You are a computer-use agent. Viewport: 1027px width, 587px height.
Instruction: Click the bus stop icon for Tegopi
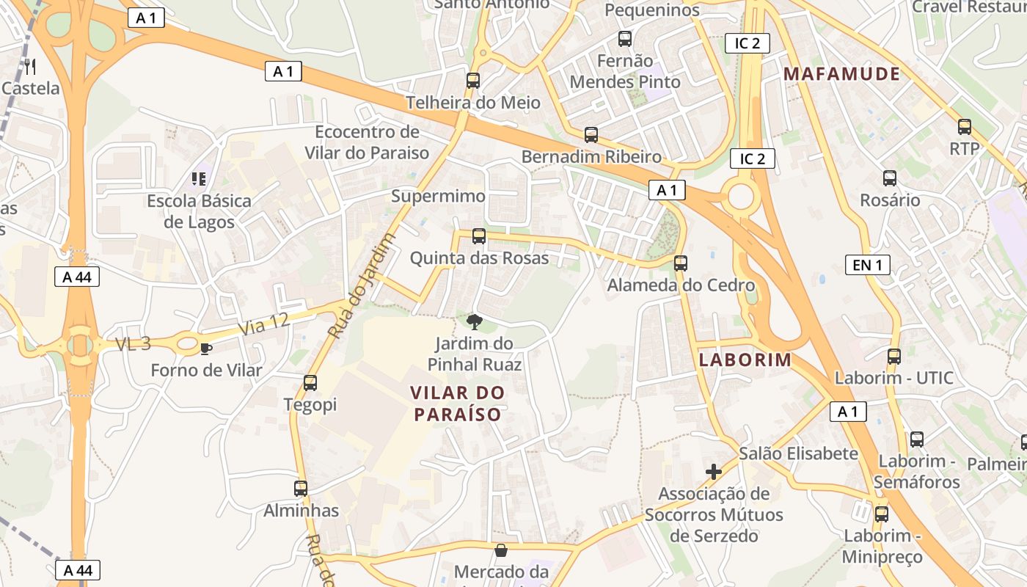(x=310, y=382)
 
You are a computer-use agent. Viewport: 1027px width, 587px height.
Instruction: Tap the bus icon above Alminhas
(x=301, y=488)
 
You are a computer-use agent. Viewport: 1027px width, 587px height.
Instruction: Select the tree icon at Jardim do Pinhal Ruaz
(x=475, y=321)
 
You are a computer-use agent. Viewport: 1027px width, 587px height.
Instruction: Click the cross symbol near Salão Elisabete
(x=713, y=471)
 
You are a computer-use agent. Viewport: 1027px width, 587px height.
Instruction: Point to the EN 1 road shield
(x=867, y=265)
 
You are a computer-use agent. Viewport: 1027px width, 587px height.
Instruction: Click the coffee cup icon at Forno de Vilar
(x=206, y=348)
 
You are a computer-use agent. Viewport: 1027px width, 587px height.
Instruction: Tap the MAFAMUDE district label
(x=841, y=73)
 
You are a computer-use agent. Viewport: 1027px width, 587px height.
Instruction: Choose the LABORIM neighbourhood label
(x=745, y=360)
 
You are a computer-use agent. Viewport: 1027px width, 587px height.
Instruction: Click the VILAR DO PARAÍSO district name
(x=458, y=404)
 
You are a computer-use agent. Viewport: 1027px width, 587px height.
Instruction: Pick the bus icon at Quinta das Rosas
(x=479, y=236)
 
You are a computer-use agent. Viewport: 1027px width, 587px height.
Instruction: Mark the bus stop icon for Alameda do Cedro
(x=681, y=263)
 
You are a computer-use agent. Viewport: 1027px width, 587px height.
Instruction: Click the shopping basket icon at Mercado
(x=501, y=550)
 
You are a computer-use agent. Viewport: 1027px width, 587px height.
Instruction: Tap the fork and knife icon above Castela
(x=30, y=67)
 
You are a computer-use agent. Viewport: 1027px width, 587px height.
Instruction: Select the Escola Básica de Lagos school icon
(x=198, y=178)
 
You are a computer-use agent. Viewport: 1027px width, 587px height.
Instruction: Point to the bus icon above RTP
(x=965, y=126)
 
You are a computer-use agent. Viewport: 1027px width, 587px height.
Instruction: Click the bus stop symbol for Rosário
(x=890, y=178)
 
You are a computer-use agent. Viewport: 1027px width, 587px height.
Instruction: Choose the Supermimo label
(x=438, y=197)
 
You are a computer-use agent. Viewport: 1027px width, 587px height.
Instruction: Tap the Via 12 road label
(x=264, y=324)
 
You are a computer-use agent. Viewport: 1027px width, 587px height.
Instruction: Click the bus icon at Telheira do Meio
(x=473, y=80)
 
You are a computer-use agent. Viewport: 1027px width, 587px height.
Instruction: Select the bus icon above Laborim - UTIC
(x=894, y=357)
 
